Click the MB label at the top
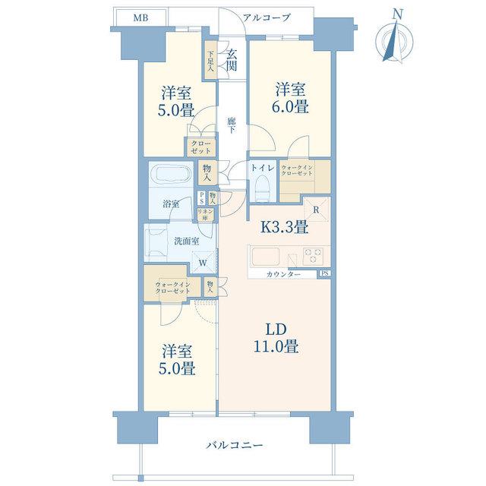click(140, 18)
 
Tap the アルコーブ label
click(267, 17)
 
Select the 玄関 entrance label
click(232, 60)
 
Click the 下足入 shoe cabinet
click(210, 61)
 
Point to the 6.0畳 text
click(290, 107)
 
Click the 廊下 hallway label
click(231, 125)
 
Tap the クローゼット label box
click(200, 147)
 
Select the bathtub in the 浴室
click(173, 174)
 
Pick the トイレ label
click(263, 168)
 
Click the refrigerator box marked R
click(316, 210)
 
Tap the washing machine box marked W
click(203, 262)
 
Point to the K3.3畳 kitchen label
click(283, 227)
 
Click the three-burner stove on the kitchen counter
click(313, 256)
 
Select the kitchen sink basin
click(266, 257)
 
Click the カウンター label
click(283, 275)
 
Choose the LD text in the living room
click(276, 330)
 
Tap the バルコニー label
click(235, 446)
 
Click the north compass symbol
click(394, 39)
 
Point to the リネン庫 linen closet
click(205, 214)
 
